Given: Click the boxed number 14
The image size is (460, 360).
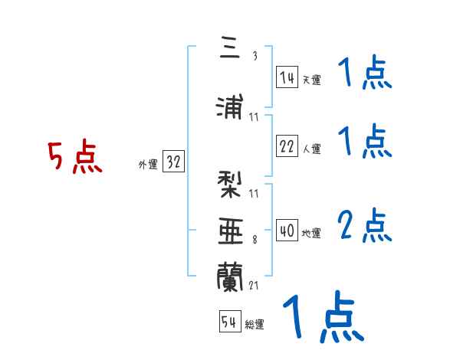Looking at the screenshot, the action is (x=287, y=77).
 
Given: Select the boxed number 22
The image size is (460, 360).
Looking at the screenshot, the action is (x=287, y=147).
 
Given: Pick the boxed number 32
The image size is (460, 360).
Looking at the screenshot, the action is (x=173, y=162).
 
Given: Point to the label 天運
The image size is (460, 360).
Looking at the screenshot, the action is (x=311, y=80).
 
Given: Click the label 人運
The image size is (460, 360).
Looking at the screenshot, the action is (x=311, y=149).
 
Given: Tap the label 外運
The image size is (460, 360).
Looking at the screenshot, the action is (x=148, y=164).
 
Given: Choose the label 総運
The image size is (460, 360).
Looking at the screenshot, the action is (x=255, y=325).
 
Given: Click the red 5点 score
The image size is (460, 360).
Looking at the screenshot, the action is (x=74, y=159).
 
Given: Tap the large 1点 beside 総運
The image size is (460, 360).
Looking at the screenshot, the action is (x=322, y=316).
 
